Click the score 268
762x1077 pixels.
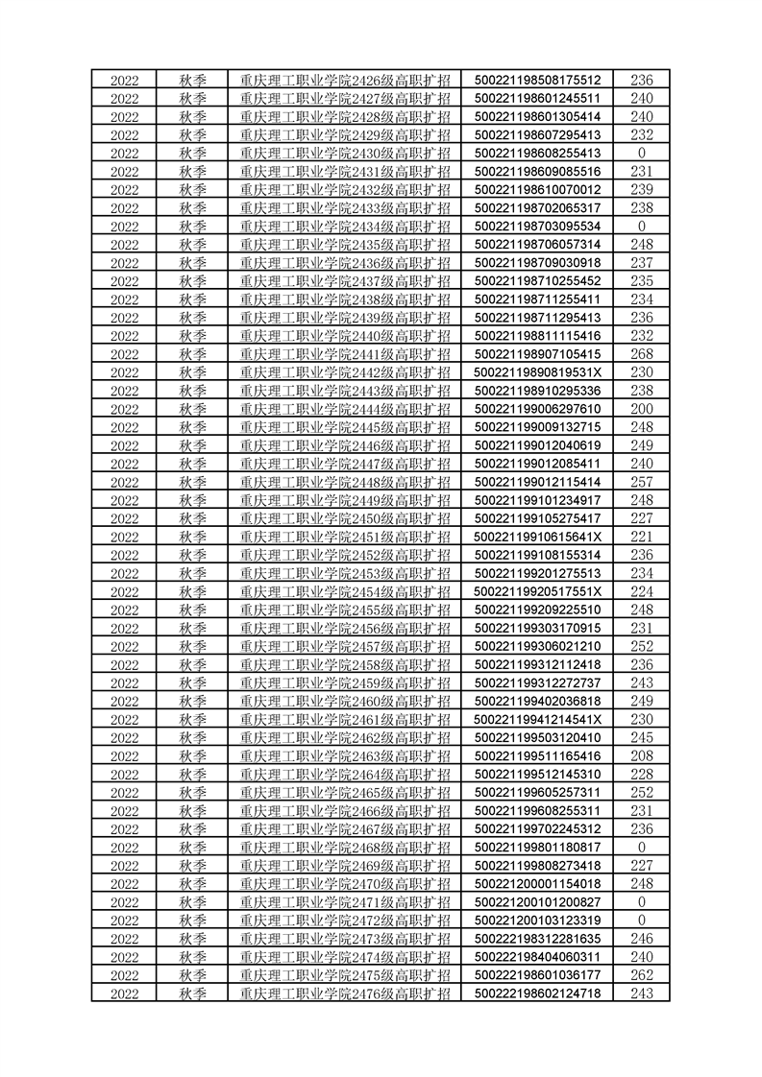(641, 354)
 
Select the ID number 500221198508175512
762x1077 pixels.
(537, 80)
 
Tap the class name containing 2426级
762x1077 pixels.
(345, 80)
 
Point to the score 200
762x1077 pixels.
(641, 409)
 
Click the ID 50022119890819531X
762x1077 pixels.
(537, 372)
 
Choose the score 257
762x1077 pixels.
(641, 482)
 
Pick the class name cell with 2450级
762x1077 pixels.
(345, 518)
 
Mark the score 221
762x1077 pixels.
(641, 537)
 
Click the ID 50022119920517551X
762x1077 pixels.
(537, 591)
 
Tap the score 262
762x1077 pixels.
(641, 975)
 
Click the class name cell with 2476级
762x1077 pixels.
(345, 993)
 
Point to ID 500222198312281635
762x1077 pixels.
(537, 939)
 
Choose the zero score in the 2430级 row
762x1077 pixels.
(641, 154)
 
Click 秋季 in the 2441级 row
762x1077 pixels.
(193, 354)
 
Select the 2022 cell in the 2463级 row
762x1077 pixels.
(125, 756)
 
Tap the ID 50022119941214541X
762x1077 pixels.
(537, 720)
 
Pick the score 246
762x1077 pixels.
(641, 939)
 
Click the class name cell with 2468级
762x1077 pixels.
(345, 848)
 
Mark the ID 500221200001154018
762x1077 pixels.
(537, 884)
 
